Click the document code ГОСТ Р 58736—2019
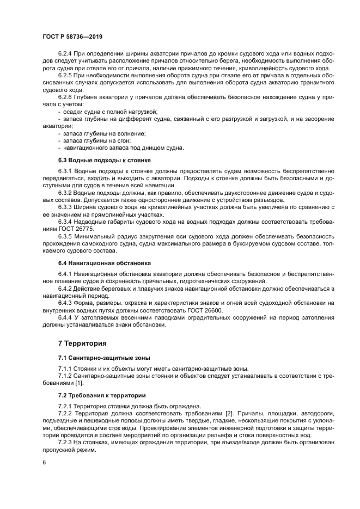click(x=72, y=36)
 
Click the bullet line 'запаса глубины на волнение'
click(x=105, y=133)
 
